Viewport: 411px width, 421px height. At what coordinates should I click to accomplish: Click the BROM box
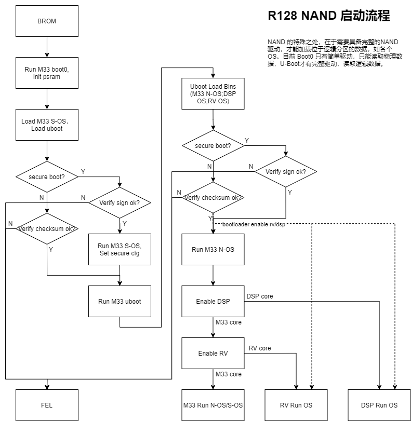47,21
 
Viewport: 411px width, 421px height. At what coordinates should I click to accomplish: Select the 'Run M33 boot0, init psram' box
47,73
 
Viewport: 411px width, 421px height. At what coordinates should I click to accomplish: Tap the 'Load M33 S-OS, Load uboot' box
47,125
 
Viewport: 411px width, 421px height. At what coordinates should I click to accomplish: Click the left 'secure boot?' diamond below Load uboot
47,176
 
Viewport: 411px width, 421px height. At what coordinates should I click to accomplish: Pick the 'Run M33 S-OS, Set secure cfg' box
120,249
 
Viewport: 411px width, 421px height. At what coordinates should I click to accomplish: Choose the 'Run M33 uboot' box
120,301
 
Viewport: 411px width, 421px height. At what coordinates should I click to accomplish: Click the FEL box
47,405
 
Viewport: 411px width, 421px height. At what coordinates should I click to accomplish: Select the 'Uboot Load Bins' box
213,94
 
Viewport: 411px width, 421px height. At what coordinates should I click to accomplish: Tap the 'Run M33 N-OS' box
213,249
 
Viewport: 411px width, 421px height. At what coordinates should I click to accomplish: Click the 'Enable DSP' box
213,301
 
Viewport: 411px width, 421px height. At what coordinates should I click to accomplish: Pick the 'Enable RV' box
213,353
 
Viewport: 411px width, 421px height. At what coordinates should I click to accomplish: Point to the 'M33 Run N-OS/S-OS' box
213,405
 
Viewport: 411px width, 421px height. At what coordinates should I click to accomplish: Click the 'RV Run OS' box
296,405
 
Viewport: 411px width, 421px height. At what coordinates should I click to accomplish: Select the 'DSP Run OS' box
379,405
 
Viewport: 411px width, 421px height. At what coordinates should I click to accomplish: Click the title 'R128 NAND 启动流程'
329,16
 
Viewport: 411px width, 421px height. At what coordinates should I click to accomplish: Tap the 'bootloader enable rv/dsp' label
254,224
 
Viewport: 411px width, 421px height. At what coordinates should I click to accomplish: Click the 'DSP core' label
260,296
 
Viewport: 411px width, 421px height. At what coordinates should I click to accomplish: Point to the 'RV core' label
260,348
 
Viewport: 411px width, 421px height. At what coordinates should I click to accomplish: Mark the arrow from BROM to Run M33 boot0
47,47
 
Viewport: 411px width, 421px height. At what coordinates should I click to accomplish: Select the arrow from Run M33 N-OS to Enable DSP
213,275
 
